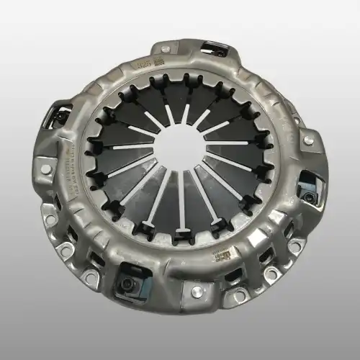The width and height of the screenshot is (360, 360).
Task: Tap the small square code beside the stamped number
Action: coord(158,64)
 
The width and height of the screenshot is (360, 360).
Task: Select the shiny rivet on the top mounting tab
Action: coord(166,49)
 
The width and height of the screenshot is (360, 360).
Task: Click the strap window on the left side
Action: coord(60,116)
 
